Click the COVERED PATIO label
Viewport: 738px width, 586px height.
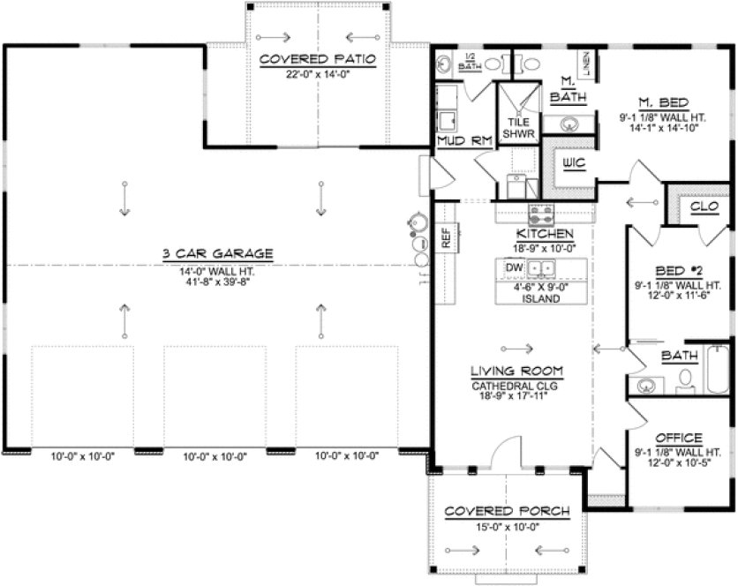tap(319, 59)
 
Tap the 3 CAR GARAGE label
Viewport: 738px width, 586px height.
tap(217, 254)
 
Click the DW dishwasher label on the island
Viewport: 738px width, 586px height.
tap(514, 267)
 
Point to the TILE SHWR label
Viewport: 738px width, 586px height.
tap(518, 128)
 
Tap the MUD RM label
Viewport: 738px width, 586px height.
tap(456, 139)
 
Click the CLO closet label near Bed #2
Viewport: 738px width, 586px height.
tap(704, 206)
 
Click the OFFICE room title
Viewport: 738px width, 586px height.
tap(679, 438)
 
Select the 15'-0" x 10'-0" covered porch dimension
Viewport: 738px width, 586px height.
tap(507, 526)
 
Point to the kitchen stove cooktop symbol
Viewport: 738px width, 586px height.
tap(541, 213)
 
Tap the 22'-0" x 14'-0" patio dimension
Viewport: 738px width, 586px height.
tap(319, 74)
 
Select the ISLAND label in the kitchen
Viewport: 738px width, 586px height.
tap(541, 299)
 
